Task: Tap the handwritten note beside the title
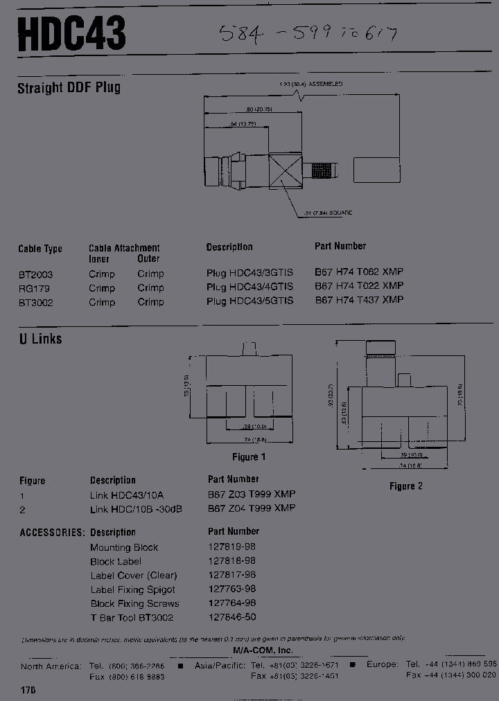(x=308, y=33)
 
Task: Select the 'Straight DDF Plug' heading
(x=69, y=88)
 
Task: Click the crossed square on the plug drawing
(x=286, y=169)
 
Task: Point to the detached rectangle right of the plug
(x=377, y=169)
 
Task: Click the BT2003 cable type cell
(x=35, y=274)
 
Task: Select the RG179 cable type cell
(x=34, y=288)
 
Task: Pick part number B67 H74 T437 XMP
(x=359, y=300)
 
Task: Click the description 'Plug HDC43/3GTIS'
(x=249, y=273)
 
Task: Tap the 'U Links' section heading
(x=40, y=339)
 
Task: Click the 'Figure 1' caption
(x=249, y=457)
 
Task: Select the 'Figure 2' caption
(x=405, y=486)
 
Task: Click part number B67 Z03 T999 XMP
(x=252, y=494)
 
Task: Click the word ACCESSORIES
(x=52, y=533)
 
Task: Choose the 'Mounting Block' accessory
(x=124, y=547)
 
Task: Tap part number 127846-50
(x=231, y=617)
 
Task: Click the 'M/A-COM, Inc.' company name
(x=263, y=650)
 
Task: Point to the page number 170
(x=28, y=691)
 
